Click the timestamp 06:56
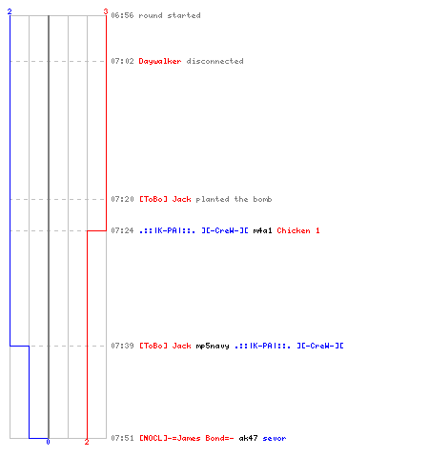click(x=122, y=15)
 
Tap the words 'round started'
click(x=170, y=15)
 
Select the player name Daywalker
click(x=160, y=61)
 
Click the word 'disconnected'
click(x=215, y=61)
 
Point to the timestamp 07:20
click(x=122, y=199)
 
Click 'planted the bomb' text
click(x=234, y=199)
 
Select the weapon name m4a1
click(x=262, y=230)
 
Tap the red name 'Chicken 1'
click(x=298, y=230)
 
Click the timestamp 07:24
click(x=122, y=230)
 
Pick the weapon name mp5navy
click(x=213, y=346)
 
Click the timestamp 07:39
click(x=122, y=346)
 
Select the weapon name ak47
click(x=248, y=438)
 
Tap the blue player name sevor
click(x=275, y=439)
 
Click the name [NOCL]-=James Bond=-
click(x=187, y=438)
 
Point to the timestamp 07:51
click(x=122, y=438)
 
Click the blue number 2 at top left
click(x=10, y=11)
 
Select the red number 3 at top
click(x=106, y=11)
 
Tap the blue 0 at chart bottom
click(x=48, y=442)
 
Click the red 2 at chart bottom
click(x=87, y=442)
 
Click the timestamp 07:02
click(x=122, y=61)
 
